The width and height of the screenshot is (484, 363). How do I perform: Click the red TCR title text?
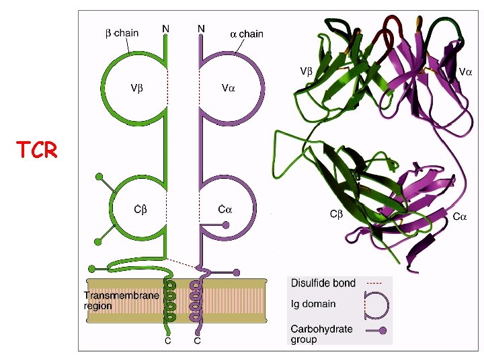(38, 150)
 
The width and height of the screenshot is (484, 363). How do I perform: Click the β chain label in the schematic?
(122, 32)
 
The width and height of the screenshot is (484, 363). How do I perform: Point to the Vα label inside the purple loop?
(228, 87)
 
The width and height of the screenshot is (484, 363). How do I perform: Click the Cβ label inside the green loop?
(140, 209)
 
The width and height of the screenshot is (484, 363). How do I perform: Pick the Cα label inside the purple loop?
(225, 209)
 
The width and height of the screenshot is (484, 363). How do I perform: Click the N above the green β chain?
(165, 28)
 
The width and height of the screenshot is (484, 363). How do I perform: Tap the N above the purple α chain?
(201, 28)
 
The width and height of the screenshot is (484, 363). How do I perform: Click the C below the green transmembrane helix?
(169, 340)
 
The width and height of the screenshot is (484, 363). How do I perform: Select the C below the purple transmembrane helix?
(198, 340)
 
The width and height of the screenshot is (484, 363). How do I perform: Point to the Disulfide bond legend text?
(323, 283)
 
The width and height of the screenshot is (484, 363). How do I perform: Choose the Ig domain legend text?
(313, 304)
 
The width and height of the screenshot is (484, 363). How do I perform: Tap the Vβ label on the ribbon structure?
(306, 71)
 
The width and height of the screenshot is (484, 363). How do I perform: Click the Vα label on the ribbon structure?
(465, 71)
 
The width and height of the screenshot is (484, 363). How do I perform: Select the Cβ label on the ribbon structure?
(336, 214)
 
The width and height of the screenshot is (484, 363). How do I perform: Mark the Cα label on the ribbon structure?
(460, 216)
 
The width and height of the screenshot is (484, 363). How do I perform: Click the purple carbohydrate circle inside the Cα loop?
(227, 225)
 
